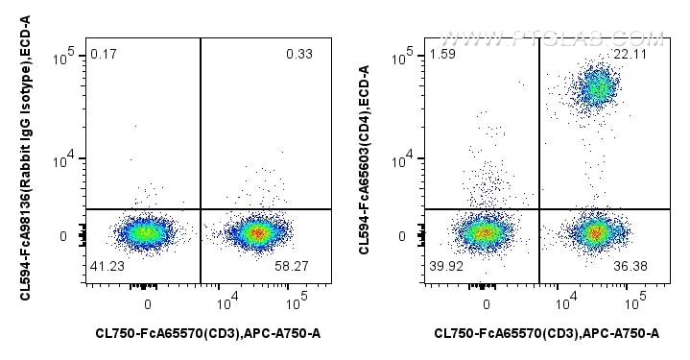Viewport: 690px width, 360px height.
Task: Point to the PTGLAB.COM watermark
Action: tap(552, 39)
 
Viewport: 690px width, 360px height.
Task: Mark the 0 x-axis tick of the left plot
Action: tap(148, 304)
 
